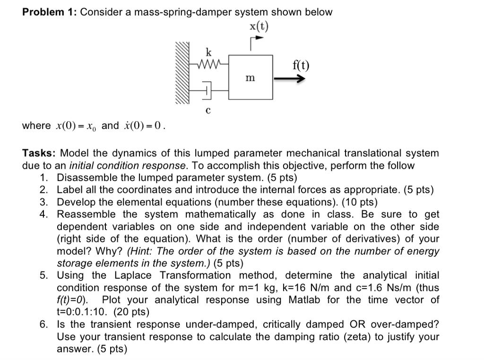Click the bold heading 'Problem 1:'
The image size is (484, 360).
pyautogui.click(x=49, y=12)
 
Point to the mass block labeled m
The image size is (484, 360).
pyautogui.click(x=251, y=77)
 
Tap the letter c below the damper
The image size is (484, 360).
pyautogui.click(x=208, y=111)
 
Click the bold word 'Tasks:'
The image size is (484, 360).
pyautogui.click(x=39, y=153)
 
